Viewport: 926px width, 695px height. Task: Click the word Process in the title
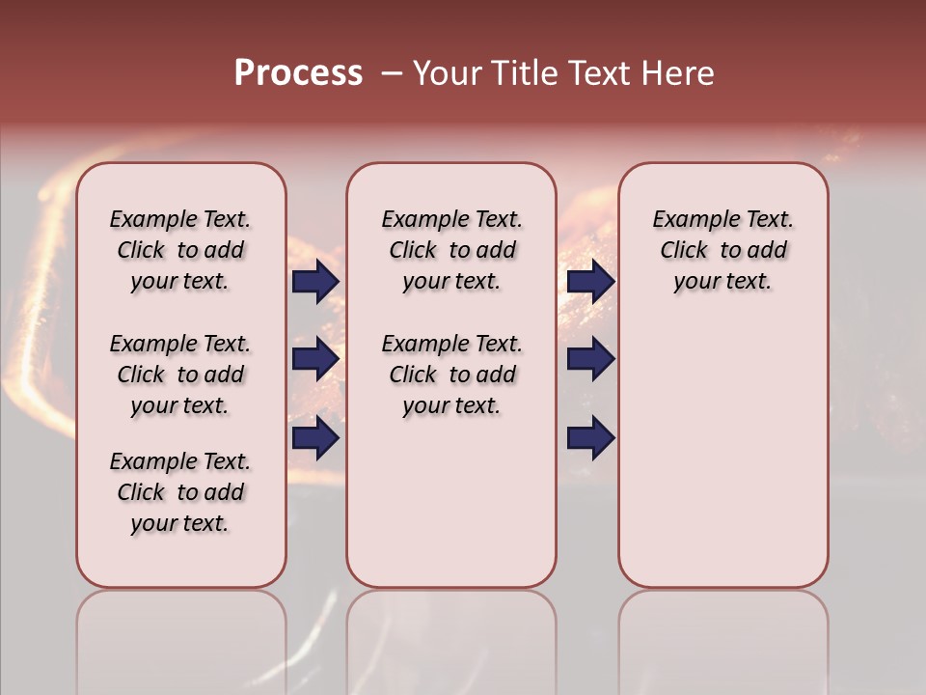pos(298,73)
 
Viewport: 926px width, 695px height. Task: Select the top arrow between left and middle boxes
pos(315,281)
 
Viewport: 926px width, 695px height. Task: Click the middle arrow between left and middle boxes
pos(315,360)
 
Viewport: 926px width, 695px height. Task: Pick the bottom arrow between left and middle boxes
pos(315,438)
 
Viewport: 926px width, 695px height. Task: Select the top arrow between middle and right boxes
pos(590,281)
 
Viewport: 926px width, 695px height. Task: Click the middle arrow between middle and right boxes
pos(590,360)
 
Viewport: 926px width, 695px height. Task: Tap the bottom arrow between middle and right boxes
pos(590,438)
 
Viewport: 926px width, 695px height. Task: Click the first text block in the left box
pos(180,250)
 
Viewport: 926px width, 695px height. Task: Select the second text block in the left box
pos(180,375)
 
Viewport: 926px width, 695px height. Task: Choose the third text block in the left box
pos(180,492)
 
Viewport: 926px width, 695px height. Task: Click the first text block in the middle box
pos(451,250)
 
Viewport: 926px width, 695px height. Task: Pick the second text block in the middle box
pos(451,375)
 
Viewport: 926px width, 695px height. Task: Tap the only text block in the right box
pos(722,250)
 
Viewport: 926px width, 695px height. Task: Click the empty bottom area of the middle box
pos(451,512)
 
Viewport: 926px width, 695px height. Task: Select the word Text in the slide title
pos(597,73)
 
